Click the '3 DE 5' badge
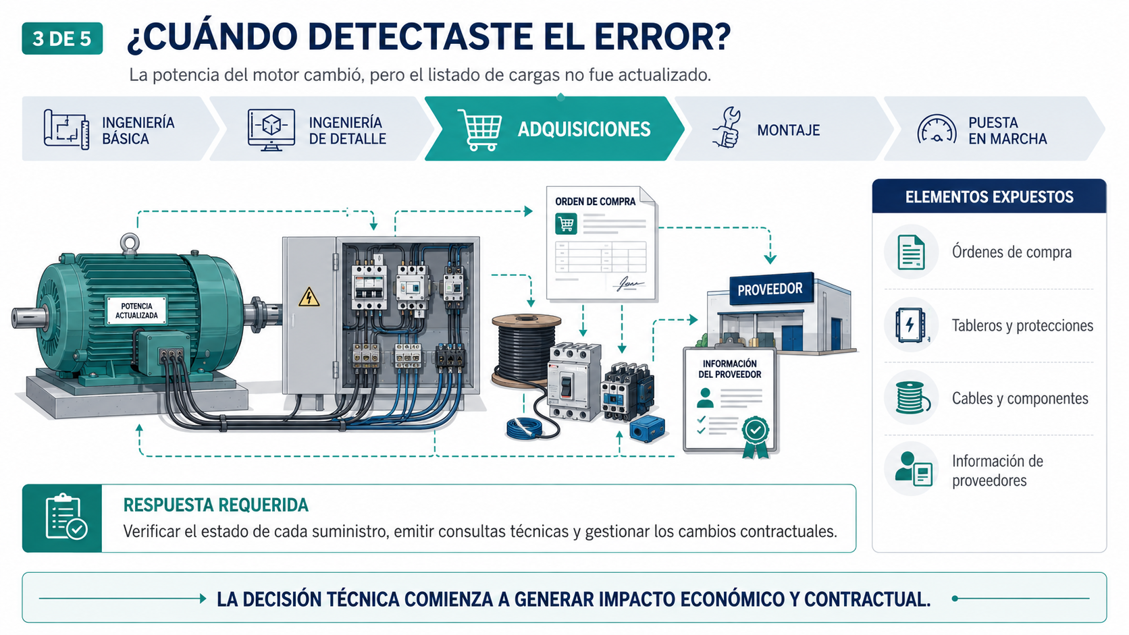pos(62,38)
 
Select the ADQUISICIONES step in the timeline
pos(554,129)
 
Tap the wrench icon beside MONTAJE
pos(727,128)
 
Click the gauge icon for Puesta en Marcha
pos(937,129)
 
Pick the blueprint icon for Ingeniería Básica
pos(66,129)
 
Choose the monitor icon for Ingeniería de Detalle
pos(271,130)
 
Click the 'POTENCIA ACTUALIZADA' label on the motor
pos(136,310)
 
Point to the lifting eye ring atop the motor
pos(130,244)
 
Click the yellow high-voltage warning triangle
pos(309,297)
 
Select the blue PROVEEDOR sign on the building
pos(770,289)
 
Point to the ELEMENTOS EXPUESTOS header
pos(989,196)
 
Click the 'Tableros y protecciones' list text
pos(1022,326)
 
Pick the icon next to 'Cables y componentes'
pos(912,397)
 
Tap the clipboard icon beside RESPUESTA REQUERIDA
pos(65,517)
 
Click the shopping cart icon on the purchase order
pos(566,224)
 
